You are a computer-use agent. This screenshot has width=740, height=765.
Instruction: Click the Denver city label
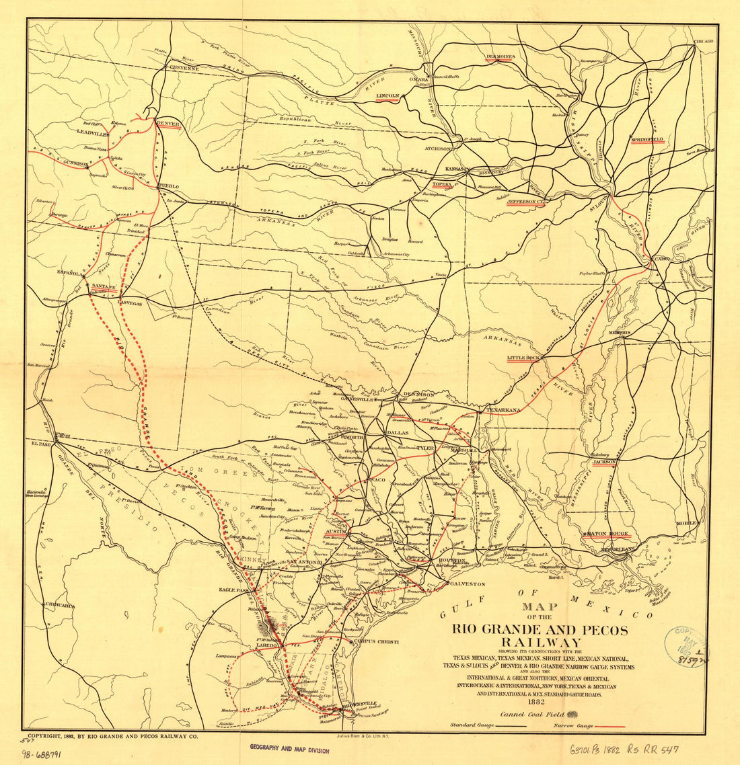pos(167,124)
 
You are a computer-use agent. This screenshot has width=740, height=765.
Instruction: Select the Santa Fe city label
pos(104,286)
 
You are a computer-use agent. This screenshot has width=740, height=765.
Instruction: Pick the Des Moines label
pos(500,56)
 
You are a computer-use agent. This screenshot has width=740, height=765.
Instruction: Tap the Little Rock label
pos(524,358)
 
